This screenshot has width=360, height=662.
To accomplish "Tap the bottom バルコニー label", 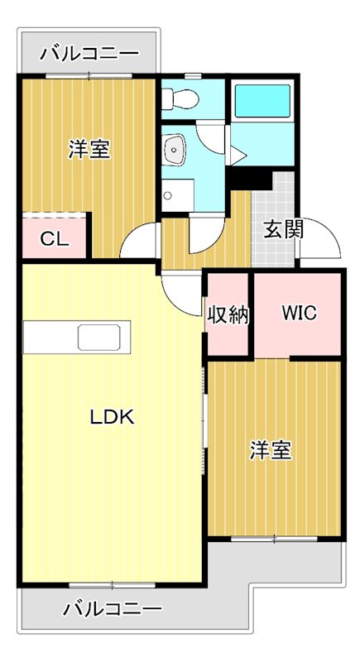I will point(113,610).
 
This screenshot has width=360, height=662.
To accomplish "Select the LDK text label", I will point(112,418).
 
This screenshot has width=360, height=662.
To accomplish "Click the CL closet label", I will point(54,240).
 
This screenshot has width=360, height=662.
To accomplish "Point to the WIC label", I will point(298,314).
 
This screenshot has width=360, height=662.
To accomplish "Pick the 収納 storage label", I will point(228,314).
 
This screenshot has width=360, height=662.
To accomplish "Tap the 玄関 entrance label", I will point(283,230).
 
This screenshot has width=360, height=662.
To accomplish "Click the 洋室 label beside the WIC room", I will point(271,451).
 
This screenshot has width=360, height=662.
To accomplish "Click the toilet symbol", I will point(180,100).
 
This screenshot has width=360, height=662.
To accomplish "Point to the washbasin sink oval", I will point(175,150).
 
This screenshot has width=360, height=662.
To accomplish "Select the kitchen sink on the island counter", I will point(100,338).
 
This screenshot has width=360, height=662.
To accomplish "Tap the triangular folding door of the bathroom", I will point(236,155).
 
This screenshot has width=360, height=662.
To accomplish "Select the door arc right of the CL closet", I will point(137,242).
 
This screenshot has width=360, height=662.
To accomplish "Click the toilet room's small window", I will point(192,77).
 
